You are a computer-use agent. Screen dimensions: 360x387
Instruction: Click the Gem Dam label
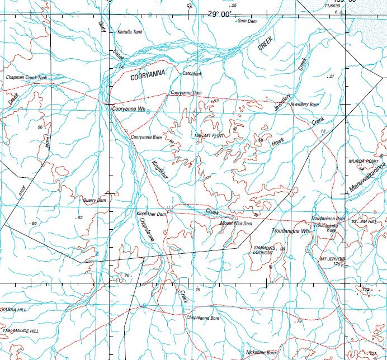(x=247, y=21)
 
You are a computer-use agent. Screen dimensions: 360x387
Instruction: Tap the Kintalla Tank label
(x=130, y=32)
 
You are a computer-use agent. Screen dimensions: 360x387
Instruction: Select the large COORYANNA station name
(x=149, y=78)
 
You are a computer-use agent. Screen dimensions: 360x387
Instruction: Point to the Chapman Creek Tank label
(x=26, y=77)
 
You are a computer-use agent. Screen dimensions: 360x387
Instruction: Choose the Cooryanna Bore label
(x=146, y=136)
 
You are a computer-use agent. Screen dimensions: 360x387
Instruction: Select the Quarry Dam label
(x=94, y=200)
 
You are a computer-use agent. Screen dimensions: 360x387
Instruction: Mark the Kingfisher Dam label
(x=152, y=214)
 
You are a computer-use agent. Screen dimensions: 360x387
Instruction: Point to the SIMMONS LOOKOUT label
(x=263, y=250)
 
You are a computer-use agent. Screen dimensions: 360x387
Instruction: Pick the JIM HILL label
(x=370, y=222)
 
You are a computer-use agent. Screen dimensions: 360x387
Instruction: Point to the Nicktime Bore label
(x=261, y=353)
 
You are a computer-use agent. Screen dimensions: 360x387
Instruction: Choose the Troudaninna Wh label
(x=290, y=230)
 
